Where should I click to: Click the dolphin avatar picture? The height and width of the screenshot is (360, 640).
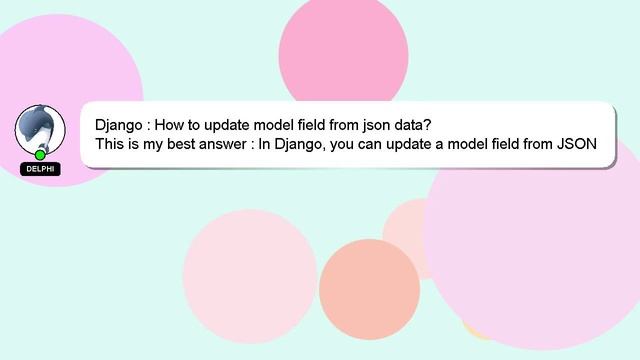40,129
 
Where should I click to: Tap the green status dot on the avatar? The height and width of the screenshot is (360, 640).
40,154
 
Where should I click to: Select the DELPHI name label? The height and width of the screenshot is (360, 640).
40,169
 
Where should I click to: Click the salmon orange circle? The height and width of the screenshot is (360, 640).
369,289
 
